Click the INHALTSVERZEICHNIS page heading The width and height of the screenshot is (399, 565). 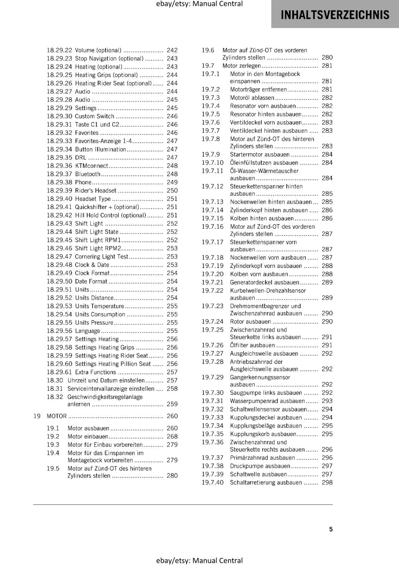pyautogui.click(x=335, y=15)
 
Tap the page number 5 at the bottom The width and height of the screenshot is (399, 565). pyautogui.click(x=331, y=529)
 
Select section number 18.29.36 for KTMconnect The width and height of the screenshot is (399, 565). pyautogui.click(x=59, y=166)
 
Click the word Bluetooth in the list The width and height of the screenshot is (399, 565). pyautogui.click(x=88, y=174)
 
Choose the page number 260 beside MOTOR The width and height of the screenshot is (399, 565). pyautogui.click(x=172, y=416)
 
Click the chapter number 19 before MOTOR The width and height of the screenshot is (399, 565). pyautogui.click(x=37, y=416)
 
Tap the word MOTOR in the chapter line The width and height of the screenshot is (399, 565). pyautogui.click(x=56, y=416)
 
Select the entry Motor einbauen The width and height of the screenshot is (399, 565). pyautogui.click(x=88, y=436)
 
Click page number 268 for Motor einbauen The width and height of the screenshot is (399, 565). pyautogui.click(x=172, y=436)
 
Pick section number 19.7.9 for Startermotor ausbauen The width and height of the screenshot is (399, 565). pyautogui.click(x=211, y=154)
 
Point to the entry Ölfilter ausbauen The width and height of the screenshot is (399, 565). pyautogui.click(x=252, y=345)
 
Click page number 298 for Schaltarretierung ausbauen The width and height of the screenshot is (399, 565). pyautogui.click(x=327, y=482)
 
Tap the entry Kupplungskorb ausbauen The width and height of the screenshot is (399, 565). pyautogui.click(x=263, y=434)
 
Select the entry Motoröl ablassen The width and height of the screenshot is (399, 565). pyautogui.click(x=252, y=98)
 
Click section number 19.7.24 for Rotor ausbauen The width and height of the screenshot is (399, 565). pyautogui.click(x=213, y=321)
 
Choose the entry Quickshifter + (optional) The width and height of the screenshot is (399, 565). pyautogui.click(x=107, y=207)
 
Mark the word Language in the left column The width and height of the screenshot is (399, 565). pyautogui.click(x=88, y=331)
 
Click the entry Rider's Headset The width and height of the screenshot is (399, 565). pyautogui.click(x=95, y=191)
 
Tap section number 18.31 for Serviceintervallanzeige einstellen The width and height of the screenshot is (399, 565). pyautogui.click(x=55, y=388)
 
